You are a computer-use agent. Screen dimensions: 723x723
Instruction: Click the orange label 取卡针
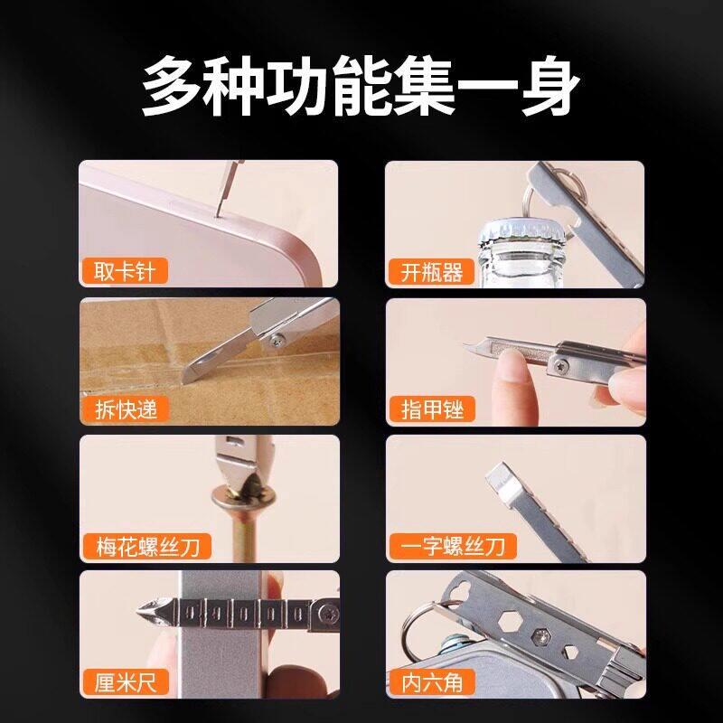[125, 271]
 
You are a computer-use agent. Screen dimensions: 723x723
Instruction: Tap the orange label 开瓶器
[431, 272]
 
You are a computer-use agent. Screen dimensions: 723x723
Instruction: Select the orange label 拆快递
[126, 409]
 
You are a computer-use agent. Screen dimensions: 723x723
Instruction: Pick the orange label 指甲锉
[432, 409]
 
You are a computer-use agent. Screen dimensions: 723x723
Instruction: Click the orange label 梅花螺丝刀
[147, 547]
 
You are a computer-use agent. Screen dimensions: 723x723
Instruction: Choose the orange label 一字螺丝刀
[453, 547]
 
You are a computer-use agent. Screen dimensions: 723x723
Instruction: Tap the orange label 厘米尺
[126, 682]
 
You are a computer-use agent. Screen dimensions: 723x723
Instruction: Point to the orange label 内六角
[432, 682]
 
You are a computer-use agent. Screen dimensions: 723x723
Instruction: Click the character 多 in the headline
[173, 86]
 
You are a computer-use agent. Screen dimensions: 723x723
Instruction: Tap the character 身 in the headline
[550, 86]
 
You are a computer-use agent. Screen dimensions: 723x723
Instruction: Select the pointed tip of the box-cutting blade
[184, 381]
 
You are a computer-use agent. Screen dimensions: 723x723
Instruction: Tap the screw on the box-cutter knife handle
[277, 342]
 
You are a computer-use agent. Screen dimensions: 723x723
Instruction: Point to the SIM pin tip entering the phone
[216, 214]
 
